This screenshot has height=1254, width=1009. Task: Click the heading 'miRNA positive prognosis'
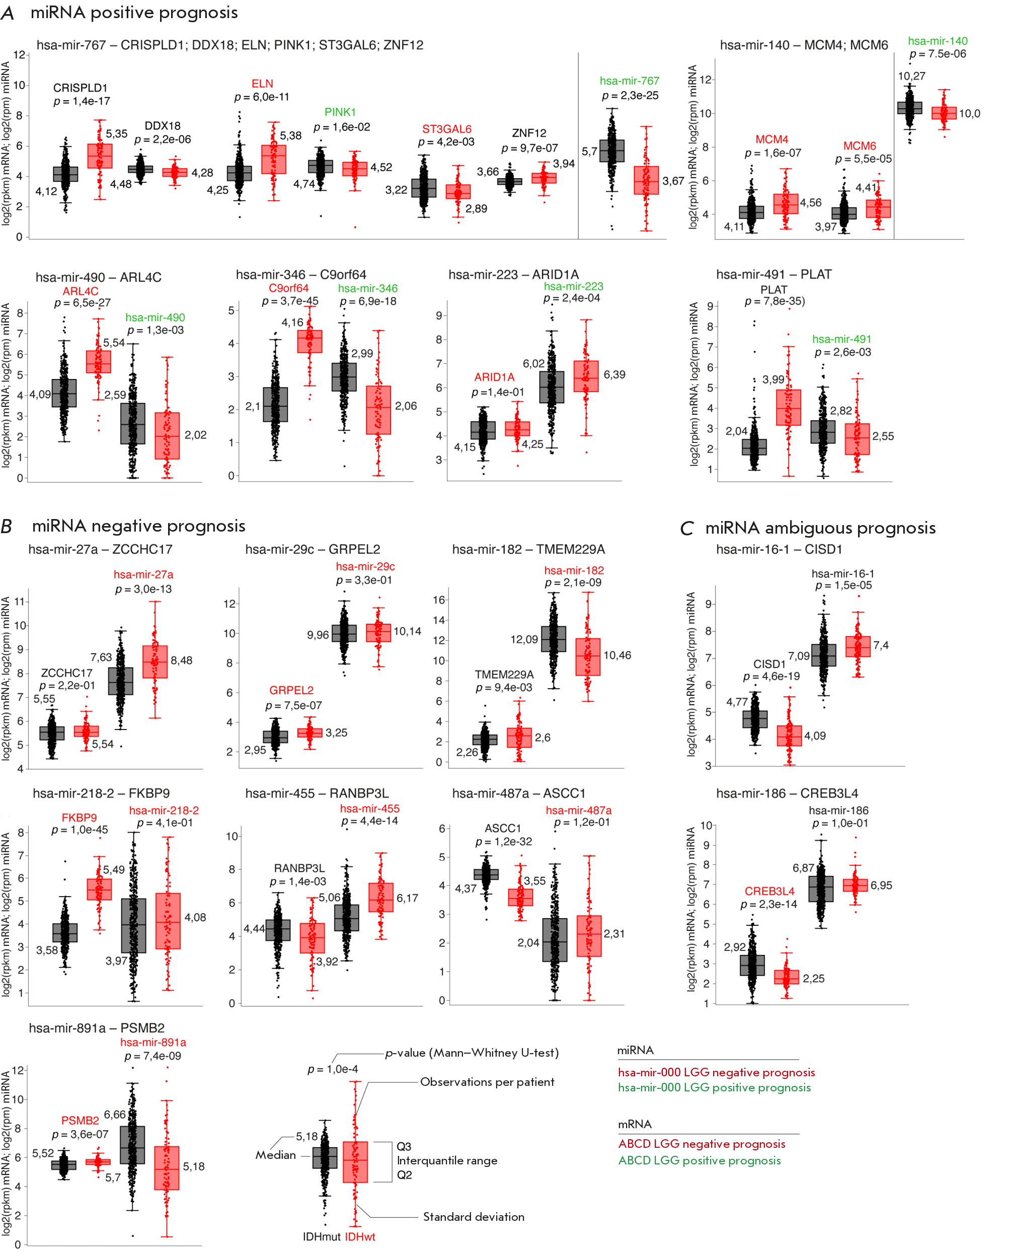coord(134,13)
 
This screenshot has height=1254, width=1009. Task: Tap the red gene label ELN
coord(262,84)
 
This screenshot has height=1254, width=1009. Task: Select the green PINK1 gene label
coord(340,112)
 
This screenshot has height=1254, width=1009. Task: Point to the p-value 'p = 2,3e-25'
coord(630,95)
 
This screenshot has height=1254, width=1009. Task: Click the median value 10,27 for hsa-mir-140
coord(911,76)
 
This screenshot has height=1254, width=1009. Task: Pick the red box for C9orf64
coord(309,341)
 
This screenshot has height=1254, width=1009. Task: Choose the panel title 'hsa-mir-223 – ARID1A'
coord(513,274)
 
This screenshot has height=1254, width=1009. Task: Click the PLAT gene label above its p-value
coord(774,289)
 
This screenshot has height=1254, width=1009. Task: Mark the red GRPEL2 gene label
coord(291,690)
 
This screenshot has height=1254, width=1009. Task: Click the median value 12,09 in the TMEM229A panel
coord(524,639)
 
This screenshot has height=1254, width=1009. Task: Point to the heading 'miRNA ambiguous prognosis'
coord(820,528)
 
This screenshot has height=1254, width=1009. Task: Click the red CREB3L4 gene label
coord(769,891)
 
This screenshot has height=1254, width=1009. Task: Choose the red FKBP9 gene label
coord(79,817)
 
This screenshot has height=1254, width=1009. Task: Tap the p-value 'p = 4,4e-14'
coord(369,821)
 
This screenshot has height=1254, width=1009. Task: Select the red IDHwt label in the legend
coord(360,1236)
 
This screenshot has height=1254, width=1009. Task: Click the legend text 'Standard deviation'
coord(474,1217)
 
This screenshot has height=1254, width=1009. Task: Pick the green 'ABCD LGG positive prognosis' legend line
coord(699,1160)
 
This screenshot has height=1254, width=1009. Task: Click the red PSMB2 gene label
coord(80,1120)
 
